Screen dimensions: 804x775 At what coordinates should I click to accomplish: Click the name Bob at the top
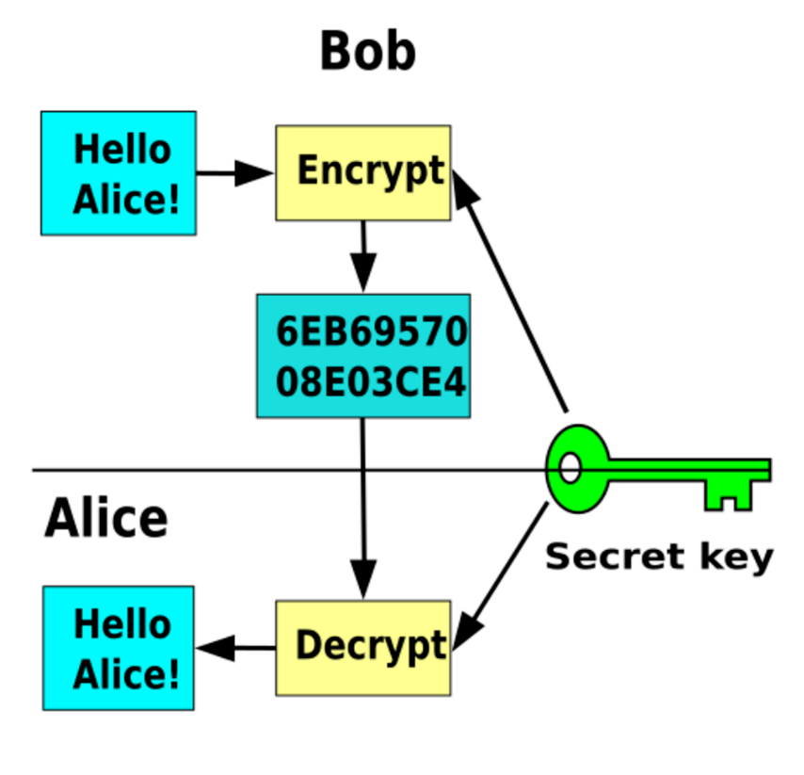[x=368, y=51]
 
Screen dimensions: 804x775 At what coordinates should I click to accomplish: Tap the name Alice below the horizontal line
[x=106, y=517]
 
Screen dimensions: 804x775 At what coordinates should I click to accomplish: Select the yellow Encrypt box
[x=363, y=173]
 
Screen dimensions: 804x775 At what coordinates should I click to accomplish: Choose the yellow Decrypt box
[x=363, y=648]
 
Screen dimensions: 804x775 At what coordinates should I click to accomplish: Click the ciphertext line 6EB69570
[x=372, y=331]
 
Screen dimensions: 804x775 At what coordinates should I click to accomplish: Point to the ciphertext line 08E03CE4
[x=371, y=382]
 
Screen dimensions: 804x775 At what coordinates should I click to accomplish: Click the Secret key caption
[x=659, y=557]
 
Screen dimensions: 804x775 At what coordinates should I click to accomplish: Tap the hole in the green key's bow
[x=570, y=468]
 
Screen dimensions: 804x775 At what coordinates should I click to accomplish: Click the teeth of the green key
[x=728, y=495]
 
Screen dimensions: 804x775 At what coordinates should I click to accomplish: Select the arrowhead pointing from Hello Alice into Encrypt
[x=254, y=173]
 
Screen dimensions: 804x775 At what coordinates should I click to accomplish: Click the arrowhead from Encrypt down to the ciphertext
[x=363, y=272]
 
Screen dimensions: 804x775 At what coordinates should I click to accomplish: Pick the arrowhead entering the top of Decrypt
[x=363, y=579]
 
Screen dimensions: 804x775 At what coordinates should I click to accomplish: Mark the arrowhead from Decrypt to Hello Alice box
[x=216, y=648]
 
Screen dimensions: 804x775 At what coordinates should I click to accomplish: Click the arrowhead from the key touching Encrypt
[x=464, y=188]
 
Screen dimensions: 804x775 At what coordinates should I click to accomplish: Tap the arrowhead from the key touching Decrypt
[x=468, y=632]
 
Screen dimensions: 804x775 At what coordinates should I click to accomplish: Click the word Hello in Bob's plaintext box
[x=122, y=149]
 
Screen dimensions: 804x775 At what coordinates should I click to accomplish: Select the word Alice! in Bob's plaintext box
[x=126, y=199]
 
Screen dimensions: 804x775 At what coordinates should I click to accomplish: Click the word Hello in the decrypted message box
[x=122, y=623]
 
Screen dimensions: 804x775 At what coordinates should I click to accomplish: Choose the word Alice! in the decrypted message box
[x=126, y=673]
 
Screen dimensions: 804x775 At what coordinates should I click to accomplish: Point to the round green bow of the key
[x=578, y=468]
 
